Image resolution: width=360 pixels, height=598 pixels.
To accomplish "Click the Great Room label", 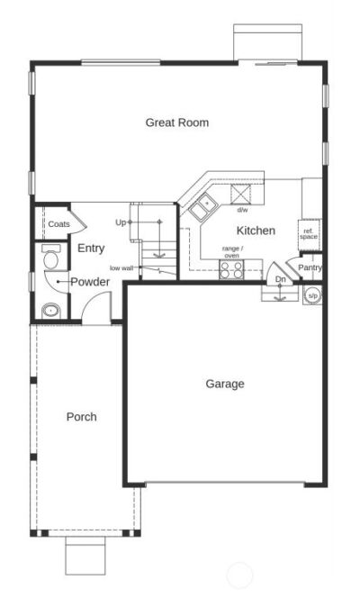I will click(177, 122).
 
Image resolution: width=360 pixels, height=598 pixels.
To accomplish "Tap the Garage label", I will click(224, 384).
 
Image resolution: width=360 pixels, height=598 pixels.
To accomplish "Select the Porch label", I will click(81, 417).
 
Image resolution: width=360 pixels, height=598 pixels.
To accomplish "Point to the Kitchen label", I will click(256, 231).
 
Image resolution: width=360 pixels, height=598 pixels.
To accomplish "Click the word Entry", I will click(91, 249).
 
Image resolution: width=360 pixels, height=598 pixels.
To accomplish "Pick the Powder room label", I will click(90, 282).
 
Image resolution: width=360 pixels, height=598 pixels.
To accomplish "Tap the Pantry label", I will click(310, 267).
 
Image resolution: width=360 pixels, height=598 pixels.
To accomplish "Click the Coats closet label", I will click(58, 224).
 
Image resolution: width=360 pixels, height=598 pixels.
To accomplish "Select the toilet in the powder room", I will click(50, 258).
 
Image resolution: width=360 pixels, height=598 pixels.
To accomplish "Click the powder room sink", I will click(49, 312).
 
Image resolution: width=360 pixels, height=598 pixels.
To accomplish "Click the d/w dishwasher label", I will click(243, 210).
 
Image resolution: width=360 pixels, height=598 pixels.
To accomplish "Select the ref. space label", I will click(309, 234).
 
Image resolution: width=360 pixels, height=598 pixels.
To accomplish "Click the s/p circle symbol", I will click(312, 294).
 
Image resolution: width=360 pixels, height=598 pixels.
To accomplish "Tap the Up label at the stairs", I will click(121, 222).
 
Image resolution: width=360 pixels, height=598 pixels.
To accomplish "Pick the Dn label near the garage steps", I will click(281, 279).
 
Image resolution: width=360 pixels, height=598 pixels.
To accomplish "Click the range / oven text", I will click(231, 251).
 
